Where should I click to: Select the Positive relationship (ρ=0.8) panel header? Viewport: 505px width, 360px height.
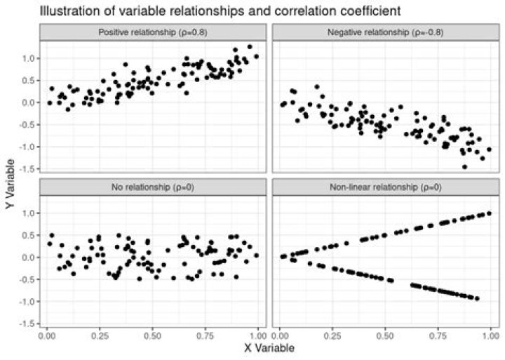[x=153, y=32]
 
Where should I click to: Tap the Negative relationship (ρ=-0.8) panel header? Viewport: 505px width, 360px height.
[x=384, y=32]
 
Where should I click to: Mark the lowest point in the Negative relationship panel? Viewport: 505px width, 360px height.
[x=464, y=167]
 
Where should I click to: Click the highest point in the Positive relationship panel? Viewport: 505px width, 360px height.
[x=250, y=47]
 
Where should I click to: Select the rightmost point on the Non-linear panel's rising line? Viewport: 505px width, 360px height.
[x=489, y=213]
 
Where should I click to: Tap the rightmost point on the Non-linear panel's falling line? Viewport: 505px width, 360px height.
[x=477, y=299]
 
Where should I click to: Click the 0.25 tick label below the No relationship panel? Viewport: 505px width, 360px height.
[x=100, y=335]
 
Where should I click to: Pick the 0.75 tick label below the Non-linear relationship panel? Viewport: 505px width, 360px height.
[x=437, y=335]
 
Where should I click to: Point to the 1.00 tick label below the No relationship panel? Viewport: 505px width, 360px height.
[x=257, y=335]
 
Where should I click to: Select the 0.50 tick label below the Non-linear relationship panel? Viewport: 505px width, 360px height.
[x=384, y=335]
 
